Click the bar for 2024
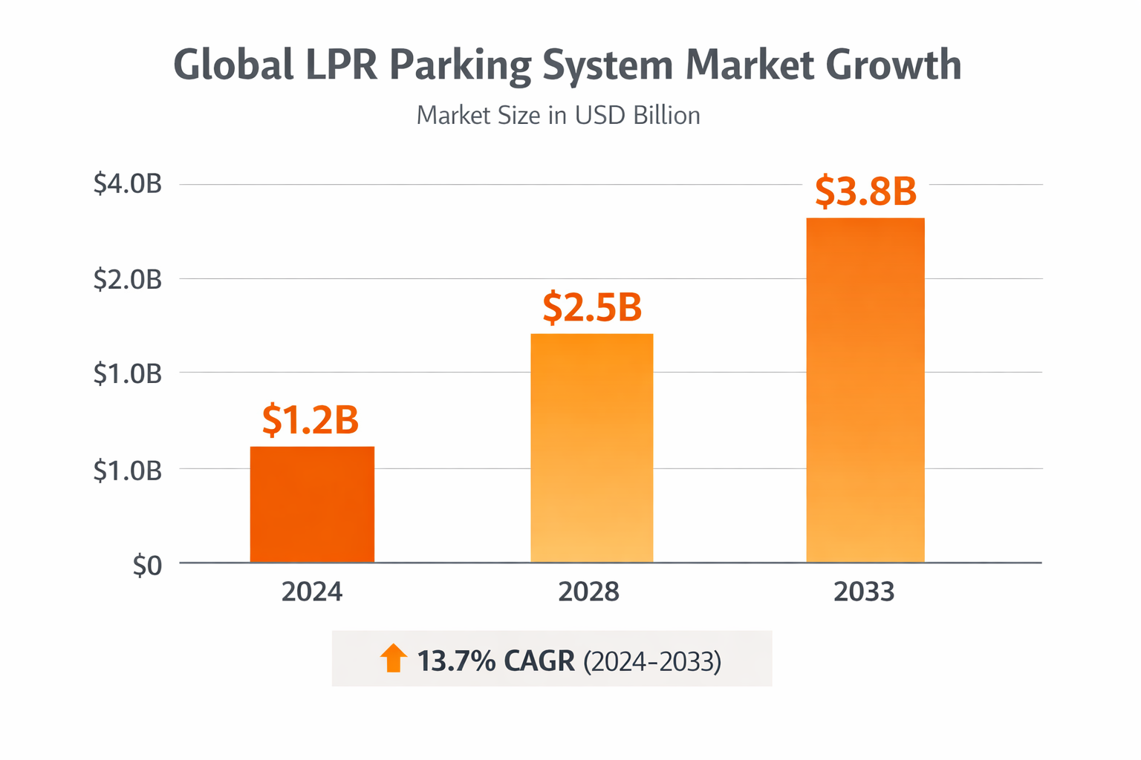click(312, 505)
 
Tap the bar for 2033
click(865, 390)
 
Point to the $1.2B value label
click(311, 420)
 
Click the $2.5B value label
click(592, 307)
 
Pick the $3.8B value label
click(865, 191)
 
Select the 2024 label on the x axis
click(312, 592)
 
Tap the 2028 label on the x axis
click(588, 592)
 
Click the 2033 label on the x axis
click(864, 592)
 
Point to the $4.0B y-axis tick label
click(128, 184)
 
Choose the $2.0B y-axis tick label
click(128, 279)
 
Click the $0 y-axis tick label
click(147, 566)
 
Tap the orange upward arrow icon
click(394, 658)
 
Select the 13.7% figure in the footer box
click(456, 661)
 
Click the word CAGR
click(539, 661)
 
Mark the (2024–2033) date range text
click(652, 661)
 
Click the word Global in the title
click(233, 65)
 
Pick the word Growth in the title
click(894, 65)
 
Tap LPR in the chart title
click(342, 65)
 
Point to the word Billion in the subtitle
click(666, 116)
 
